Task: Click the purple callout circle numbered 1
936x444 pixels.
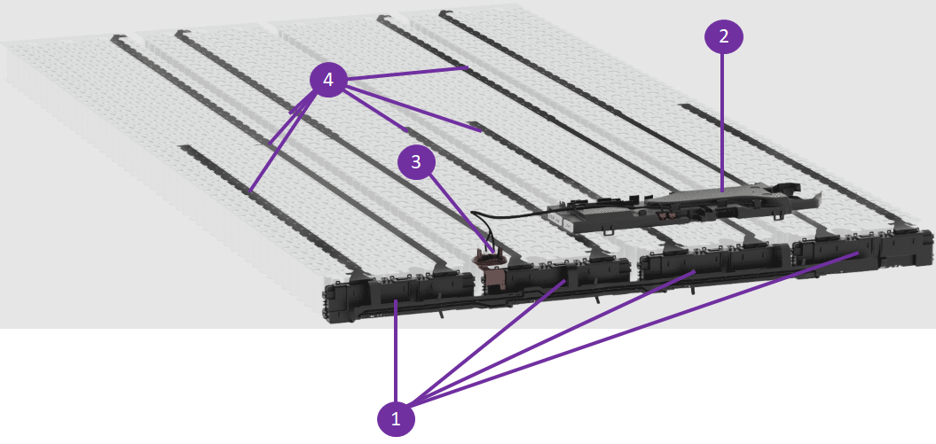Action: point(397,419)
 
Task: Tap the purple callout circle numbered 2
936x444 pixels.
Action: point(723,36)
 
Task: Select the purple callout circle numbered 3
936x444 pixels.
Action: point(417,162)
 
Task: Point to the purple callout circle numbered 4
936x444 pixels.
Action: point(327,79)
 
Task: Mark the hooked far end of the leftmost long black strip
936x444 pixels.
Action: point(114,39)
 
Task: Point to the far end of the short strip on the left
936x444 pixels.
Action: point(183,147)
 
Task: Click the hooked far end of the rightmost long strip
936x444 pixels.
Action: point(443,12)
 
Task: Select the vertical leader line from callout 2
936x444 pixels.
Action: point(723,123)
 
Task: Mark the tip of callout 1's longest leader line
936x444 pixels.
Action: point(859,253)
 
